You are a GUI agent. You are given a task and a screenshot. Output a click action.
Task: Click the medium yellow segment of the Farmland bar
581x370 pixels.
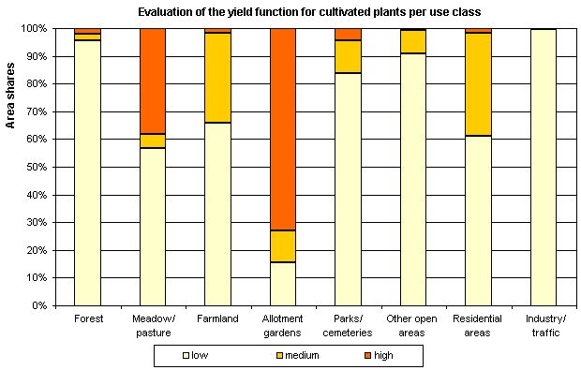218,77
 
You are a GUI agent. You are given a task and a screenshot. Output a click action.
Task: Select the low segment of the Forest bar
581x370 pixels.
87,172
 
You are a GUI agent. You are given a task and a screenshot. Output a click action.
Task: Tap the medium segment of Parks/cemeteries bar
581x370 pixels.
349,56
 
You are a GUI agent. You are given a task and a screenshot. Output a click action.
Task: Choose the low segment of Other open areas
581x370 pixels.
413,179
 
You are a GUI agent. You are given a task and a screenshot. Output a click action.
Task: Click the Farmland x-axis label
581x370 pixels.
217,318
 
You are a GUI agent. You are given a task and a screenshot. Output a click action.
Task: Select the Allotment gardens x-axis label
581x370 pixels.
283,324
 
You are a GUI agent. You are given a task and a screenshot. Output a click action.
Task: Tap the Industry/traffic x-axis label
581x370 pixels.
544,324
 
